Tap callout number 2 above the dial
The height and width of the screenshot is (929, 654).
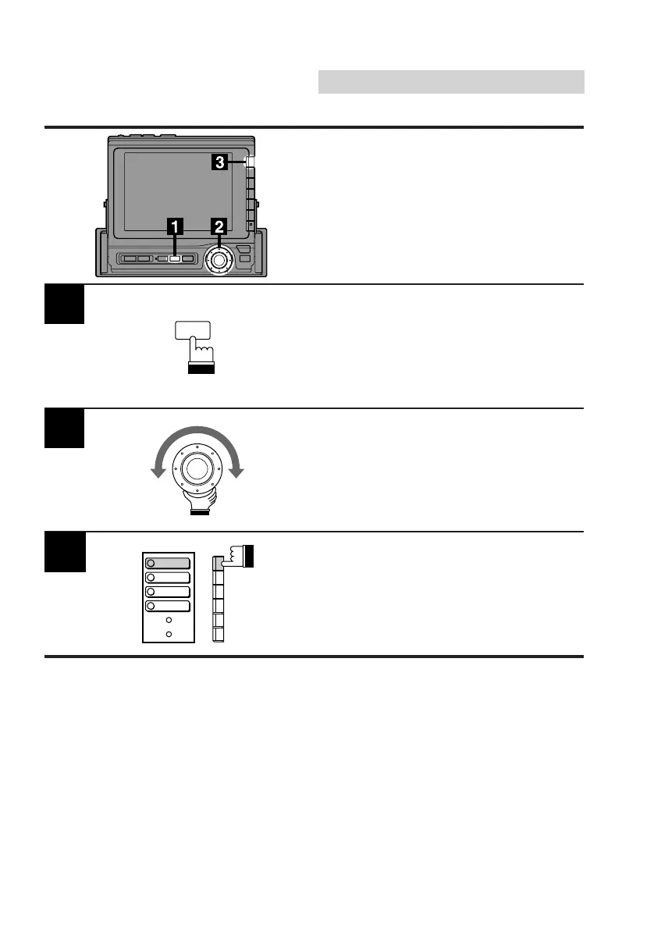220,226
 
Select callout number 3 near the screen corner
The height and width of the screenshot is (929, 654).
221,162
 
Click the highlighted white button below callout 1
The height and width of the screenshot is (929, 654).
176,258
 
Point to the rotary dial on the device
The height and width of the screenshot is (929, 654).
219,258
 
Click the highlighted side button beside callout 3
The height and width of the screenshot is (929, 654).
250,163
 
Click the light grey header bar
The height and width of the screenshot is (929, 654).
451,82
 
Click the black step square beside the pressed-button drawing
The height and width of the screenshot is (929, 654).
64,305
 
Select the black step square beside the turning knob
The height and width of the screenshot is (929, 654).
64,429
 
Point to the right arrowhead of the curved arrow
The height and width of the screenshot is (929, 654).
237,472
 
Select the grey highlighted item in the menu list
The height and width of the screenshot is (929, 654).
168,563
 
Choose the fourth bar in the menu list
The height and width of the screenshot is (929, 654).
168,606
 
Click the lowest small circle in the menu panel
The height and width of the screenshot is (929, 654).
169,633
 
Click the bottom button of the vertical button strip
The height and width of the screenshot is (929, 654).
218,635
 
